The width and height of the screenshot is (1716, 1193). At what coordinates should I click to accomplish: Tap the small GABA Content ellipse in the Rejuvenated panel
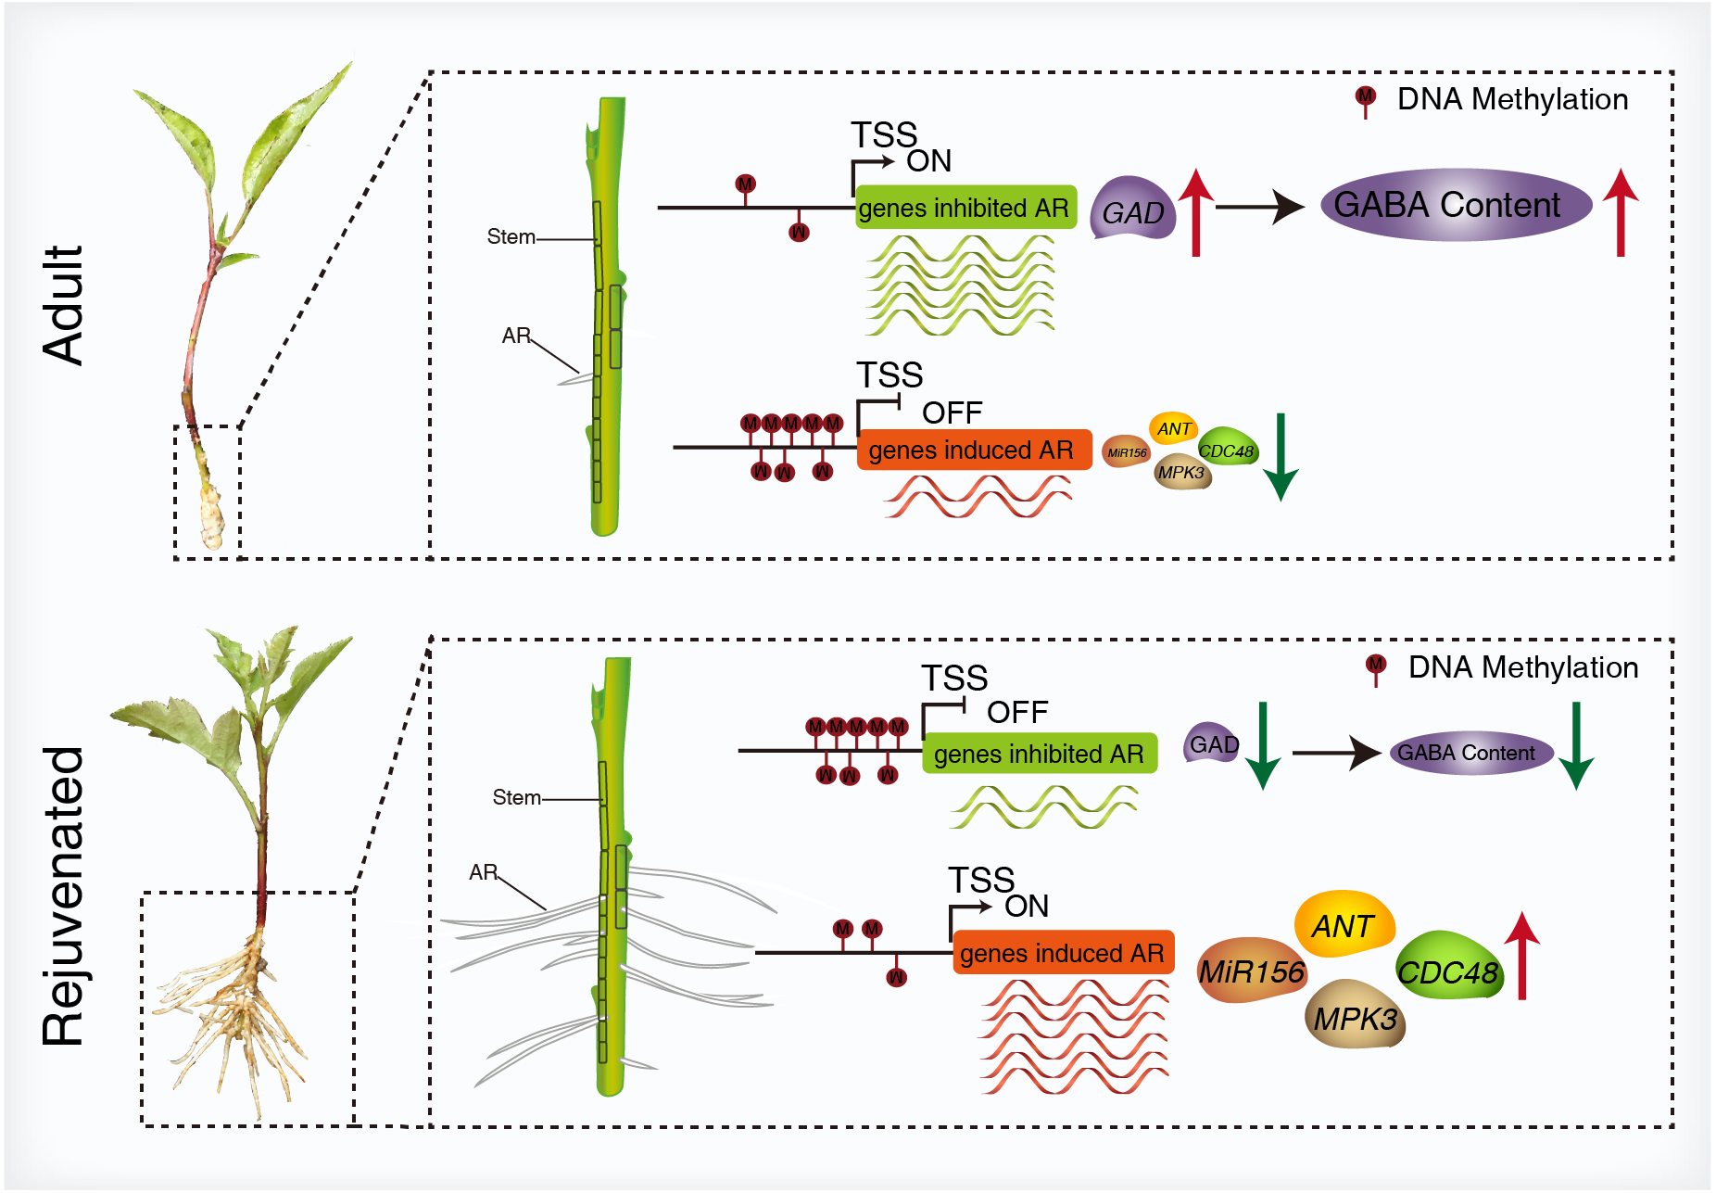1470,753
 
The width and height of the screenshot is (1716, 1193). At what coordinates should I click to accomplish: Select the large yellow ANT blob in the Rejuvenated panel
1344,925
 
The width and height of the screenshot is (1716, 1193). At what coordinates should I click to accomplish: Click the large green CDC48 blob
1447,970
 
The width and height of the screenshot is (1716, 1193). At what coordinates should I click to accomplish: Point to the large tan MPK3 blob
1355,1017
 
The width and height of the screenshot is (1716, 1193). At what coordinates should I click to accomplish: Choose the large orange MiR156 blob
1251,971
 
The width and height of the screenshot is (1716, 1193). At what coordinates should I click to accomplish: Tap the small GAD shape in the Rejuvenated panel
1213,743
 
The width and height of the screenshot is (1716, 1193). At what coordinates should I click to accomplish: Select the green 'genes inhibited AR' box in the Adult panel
965,208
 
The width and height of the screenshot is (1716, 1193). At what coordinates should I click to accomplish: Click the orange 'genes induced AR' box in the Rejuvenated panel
1063,952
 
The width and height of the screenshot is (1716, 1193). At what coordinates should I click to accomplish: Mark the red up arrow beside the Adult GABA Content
1620,212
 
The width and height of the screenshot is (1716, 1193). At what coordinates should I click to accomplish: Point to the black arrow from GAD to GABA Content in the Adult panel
1260,207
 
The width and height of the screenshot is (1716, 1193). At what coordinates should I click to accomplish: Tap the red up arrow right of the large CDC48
1521,956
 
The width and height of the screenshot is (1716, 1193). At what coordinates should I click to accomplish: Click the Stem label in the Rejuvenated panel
516,797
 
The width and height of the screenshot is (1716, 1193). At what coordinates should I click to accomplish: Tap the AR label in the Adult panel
515,336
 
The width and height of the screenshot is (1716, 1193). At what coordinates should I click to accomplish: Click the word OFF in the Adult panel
952,412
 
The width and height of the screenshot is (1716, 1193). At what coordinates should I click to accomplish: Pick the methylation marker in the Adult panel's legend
1365,99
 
